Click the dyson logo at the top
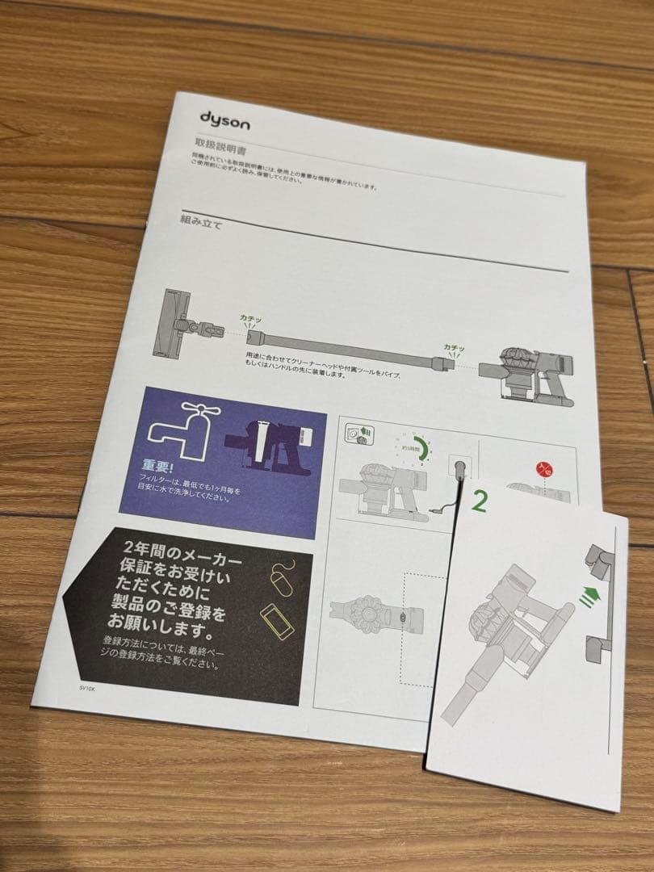(224, 121)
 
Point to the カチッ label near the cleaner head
(251, 318)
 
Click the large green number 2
(478, 503)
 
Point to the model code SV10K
(86, 688)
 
